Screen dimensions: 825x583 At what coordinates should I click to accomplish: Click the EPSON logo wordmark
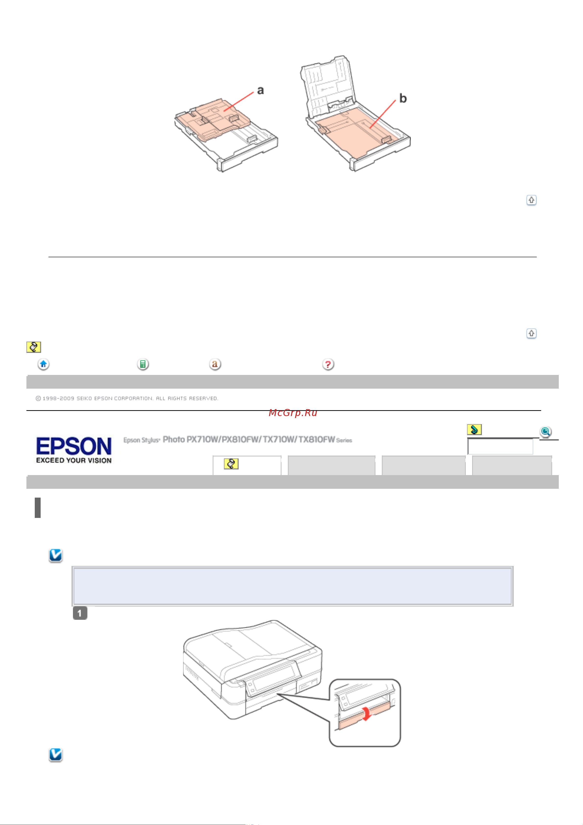click(x=74, y=446)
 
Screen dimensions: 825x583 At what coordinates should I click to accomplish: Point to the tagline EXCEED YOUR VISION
click(x=74, y=460)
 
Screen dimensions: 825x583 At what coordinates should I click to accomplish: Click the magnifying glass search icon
click(x=545, y=431)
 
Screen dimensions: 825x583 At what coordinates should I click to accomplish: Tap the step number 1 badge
click(x=80, y=613)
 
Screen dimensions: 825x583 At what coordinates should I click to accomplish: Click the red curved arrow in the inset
click(x=366, y=713)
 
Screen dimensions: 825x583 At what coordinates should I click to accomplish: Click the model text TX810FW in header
click(x=316, y=440)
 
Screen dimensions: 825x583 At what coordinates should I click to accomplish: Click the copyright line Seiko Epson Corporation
click(x=127, y=398)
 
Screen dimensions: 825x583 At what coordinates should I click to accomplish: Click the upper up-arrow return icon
click(x=531, y=200)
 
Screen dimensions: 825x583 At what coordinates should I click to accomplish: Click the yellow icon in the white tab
click(x=231, y=464)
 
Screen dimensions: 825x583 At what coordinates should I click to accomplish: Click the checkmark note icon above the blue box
click(x=56, y=555)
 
